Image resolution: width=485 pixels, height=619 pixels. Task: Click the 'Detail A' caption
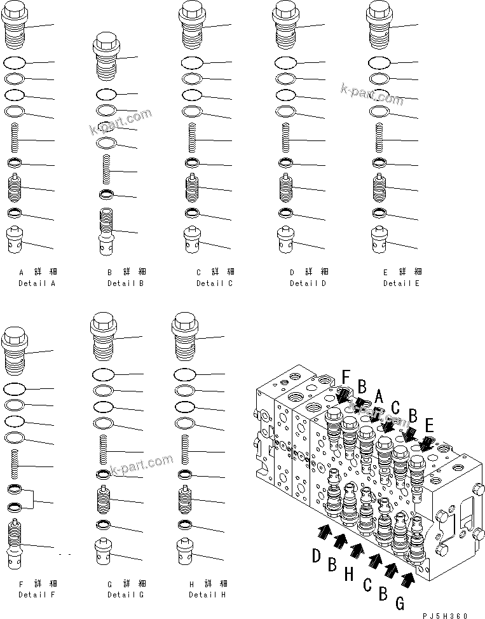tap(37, 283)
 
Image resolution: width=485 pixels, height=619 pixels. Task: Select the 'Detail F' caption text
tap(37, 594)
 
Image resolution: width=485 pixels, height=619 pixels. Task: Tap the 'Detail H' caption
tap(207, 594)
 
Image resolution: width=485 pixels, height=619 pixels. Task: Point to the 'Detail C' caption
tap(214, 283)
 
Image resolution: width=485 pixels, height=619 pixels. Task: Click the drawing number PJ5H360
tap(446, 615)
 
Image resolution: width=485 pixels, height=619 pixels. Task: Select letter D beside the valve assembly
tap(315, 557)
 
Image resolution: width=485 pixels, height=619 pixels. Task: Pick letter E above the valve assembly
tap(430, 425)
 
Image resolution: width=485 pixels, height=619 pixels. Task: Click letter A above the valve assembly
tap(379, 397)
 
